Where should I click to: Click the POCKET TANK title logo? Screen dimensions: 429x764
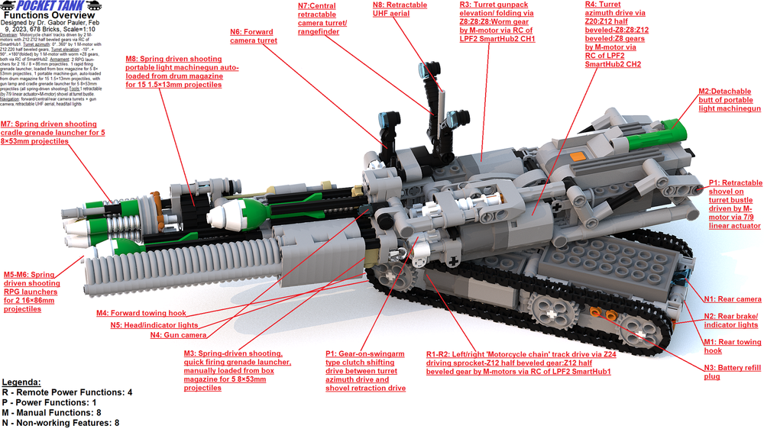pos(53,6)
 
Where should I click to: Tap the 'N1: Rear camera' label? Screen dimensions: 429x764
pos(732,299)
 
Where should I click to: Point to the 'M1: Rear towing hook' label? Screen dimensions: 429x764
pos(731,346)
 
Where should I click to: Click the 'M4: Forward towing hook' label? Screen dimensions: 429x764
pos(144,313)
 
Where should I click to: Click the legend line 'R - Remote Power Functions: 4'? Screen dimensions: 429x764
pos(67,392)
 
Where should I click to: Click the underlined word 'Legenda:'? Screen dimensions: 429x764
pos(23,382)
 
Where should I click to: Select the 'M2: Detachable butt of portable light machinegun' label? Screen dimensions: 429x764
pos(730,100)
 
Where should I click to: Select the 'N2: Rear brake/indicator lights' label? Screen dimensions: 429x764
pos(732,321)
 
